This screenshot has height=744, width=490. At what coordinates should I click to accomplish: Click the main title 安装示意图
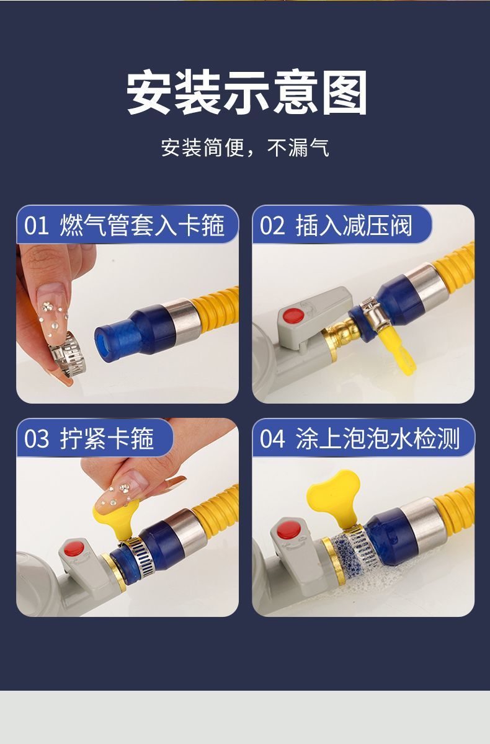247,93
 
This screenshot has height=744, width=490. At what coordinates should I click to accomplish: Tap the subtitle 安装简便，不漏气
245,148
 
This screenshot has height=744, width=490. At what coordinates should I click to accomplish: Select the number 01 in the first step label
36,226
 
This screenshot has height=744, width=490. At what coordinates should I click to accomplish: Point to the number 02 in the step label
272,226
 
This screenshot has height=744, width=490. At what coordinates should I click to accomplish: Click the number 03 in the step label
36,439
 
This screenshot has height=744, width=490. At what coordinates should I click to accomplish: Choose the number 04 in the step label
272,439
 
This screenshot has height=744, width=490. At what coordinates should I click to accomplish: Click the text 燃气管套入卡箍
142,226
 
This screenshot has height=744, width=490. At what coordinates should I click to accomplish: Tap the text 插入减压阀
354,226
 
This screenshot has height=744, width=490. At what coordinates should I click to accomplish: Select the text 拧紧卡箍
107,439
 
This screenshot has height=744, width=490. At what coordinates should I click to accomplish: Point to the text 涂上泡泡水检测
378,439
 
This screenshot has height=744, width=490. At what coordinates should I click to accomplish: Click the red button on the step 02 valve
293,315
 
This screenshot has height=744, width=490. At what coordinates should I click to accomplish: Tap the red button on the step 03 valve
74,548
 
